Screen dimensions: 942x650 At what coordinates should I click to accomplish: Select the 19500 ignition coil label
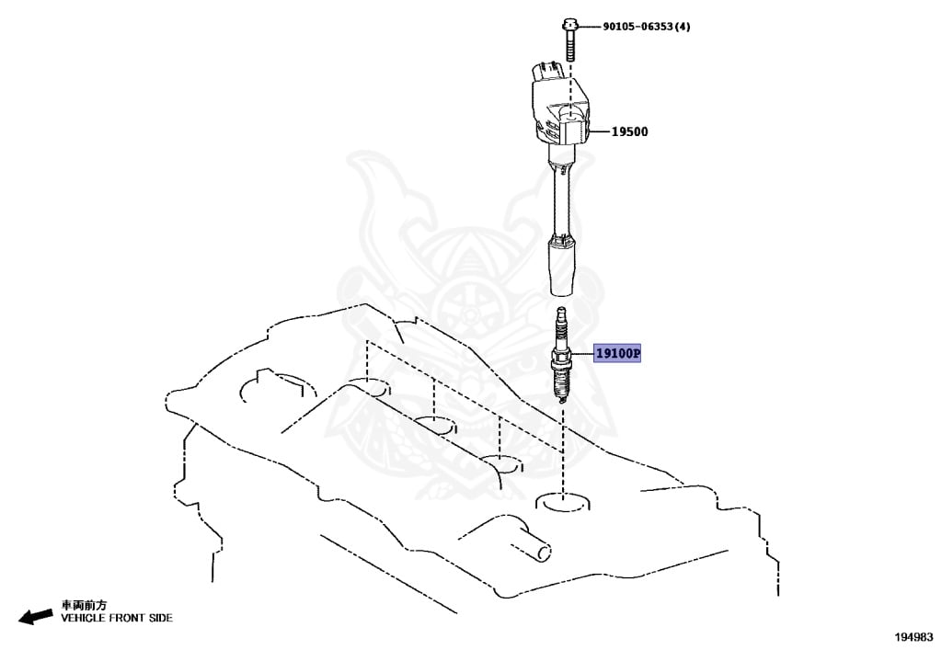pos(630,132)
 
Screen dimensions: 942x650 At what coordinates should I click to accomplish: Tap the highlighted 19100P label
pos(617,353)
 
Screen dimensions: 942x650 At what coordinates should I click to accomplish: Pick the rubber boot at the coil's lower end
pos(560,267)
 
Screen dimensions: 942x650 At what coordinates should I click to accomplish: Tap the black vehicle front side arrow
pos(36,616)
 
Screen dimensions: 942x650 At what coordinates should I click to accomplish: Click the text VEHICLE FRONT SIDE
pos(116,619)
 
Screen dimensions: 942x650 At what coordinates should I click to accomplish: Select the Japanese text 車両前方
pos(84,605)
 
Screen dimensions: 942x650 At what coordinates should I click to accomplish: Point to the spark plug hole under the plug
pos(561,502)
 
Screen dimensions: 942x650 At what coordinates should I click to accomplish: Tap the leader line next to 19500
pos(597,132)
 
